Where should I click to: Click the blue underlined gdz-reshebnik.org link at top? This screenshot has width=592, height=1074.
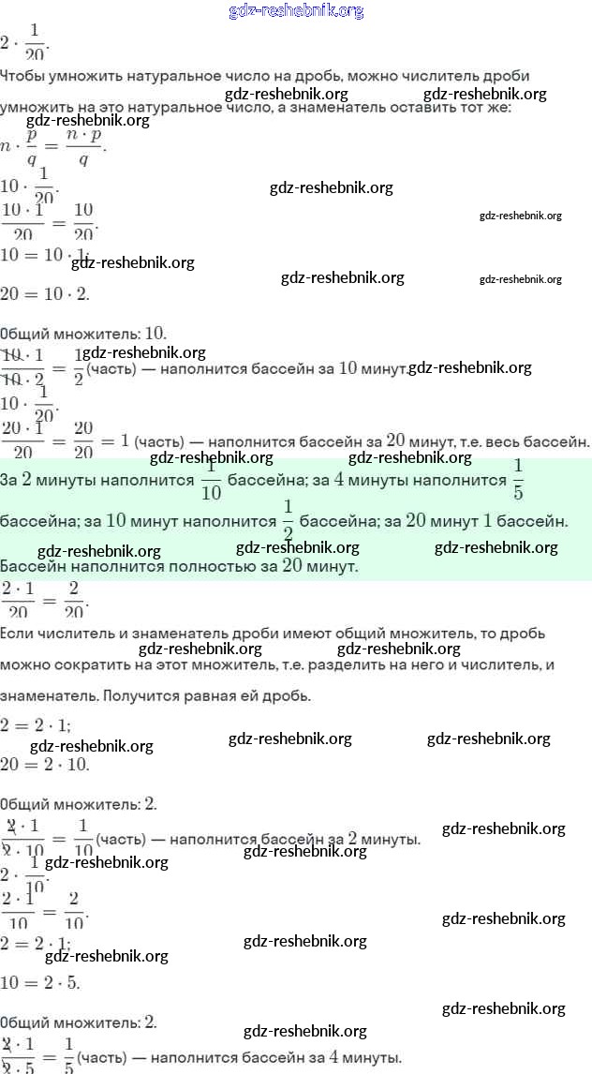296,11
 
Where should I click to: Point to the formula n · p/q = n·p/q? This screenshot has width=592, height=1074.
53,146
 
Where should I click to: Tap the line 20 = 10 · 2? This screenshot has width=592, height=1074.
57,293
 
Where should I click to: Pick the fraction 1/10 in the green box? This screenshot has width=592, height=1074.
211,481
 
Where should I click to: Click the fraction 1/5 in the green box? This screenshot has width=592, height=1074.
518,480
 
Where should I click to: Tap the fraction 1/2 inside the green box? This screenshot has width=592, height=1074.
288,520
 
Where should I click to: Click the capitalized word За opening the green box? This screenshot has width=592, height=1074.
10,481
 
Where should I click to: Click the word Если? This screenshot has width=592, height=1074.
18,634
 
